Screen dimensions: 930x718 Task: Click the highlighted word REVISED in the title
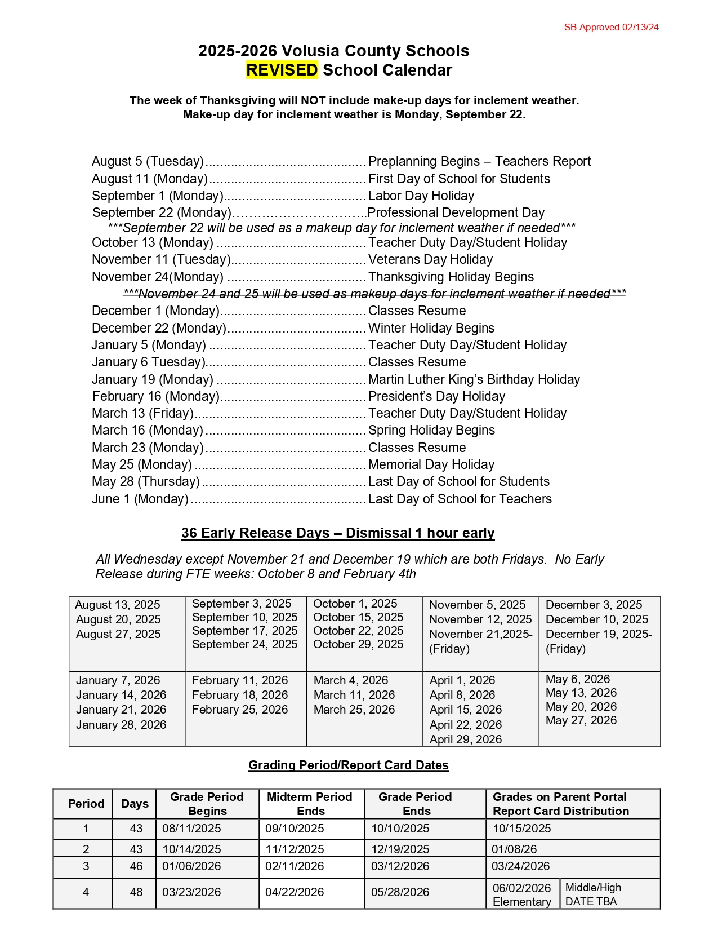pyautogui.click(x=282, y=70)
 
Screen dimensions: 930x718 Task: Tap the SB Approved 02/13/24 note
pyautogui.click(x=611, y=27)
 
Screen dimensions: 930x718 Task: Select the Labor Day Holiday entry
pyautogui.click(x=421, y=196)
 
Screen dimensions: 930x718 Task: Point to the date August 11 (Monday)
pyautogui.click(x=150, y=179)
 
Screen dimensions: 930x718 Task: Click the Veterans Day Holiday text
pyautogui.click(x=430, y=259)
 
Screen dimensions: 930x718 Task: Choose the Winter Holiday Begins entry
pyautogui.click(x=431, y=328)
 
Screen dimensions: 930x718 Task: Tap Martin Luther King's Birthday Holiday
pyautogui.click(x=474, y=379)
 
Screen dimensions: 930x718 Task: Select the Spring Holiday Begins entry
pyautogui.click(x=431, y=430)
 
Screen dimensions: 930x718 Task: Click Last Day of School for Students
pyautogui.click(x=458, y=481)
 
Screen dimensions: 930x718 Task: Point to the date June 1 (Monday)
pyautogui.click(x=140, y=499)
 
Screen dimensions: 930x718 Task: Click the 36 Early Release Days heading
pyautogui.click(x=338, y=533)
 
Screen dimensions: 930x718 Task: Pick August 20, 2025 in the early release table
pyautogui.click(x=118, y=619)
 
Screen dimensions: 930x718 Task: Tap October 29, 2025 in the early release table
pyautogui.click(x=358, y=644)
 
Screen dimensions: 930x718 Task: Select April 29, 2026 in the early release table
pyautogui.click(x=465, y=739)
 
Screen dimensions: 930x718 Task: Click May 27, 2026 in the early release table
pyautogui.click(x=581, y=720)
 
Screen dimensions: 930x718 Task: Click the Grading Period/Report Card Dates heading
pyautogui.click(x=348, y=765)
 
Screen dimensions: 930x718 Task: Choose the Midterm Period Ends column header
pyautogui.click(x=310, y=804)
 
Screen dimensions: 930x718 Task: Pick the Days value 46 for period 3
pyautogui.click(x=136, y=866)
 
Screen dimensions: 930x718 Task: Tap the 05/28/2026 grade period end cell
pyautogui.click(x=400, y=892)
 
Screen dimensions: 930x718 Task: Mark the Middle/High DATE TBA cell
pyautogui.click(x=592, y=894)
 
